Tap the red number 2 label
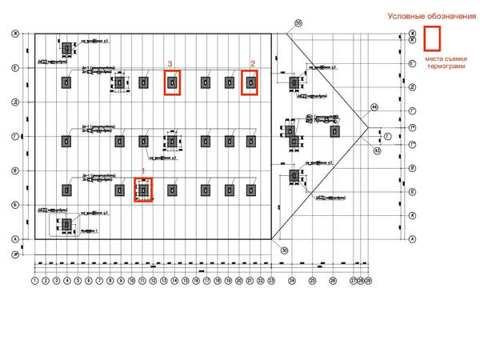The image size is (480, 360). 253,63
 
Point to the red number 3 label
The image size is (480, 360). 170,63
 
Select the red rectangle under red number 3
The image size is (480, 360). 172,82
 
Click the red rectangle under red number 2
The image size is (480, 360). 250,82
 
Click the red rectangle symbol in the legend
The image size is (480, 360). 433,39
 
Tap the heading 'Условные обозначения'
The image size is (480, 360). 426,16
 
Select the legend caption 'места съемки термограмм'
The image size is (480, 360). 432,63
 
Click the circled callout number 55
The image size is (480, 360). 298,23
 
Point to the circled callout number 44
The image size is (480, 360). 374,106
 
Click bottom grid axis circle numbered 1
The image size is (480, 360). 35,282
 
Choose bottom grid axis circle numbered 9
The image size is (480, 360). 121,282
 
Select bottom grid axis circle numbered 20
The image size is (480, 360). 238,282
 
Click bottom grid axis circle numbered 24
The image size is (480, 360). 292,282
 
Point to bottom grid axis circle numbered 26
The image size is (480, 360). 333,282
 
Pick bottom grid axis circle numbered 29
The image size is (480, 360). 368,282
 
